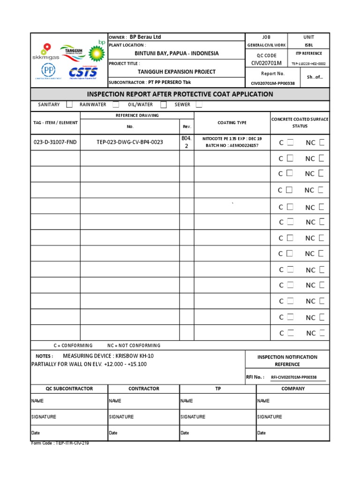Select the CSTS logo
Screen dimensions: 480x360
tap(83, 73)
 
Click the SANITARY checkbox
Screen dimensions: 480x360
tap(69, 105)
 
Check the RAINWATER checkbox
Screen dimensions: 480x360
tap(116, 105)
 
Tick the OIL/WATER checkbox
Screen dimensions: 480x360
tap(164, 105)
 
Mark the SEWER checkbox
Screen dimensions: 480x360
tap(199, 105)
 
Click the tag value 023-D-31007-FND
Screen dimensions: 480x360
tap(55, 142)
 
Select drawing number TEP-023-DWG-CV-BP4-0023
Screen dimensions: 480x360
tap(130, 142)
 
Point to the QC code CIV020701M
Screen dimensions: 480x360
tap(266, 63)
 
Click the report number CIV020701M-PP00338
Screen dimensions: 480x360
tap(273, 83)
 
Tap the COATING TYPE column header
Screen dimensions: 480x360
tap(232, 123)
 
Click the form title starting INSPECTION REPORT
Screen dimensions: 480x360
tap(180, 94)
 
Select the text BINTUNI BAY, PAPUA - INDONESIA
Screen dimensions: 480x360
tap(176, 53)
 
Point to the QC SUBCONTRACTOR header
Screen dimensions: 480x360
tap(69, 389)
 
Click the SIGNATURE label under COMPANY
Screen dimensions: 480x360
tap(270, 417)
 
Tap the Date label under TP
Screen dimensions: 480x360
tap(185, 433)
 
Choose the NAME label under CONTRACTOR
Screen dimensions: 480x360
tap(115, 401)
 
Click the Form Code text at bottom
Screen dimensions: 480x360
tap(60, 443)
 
